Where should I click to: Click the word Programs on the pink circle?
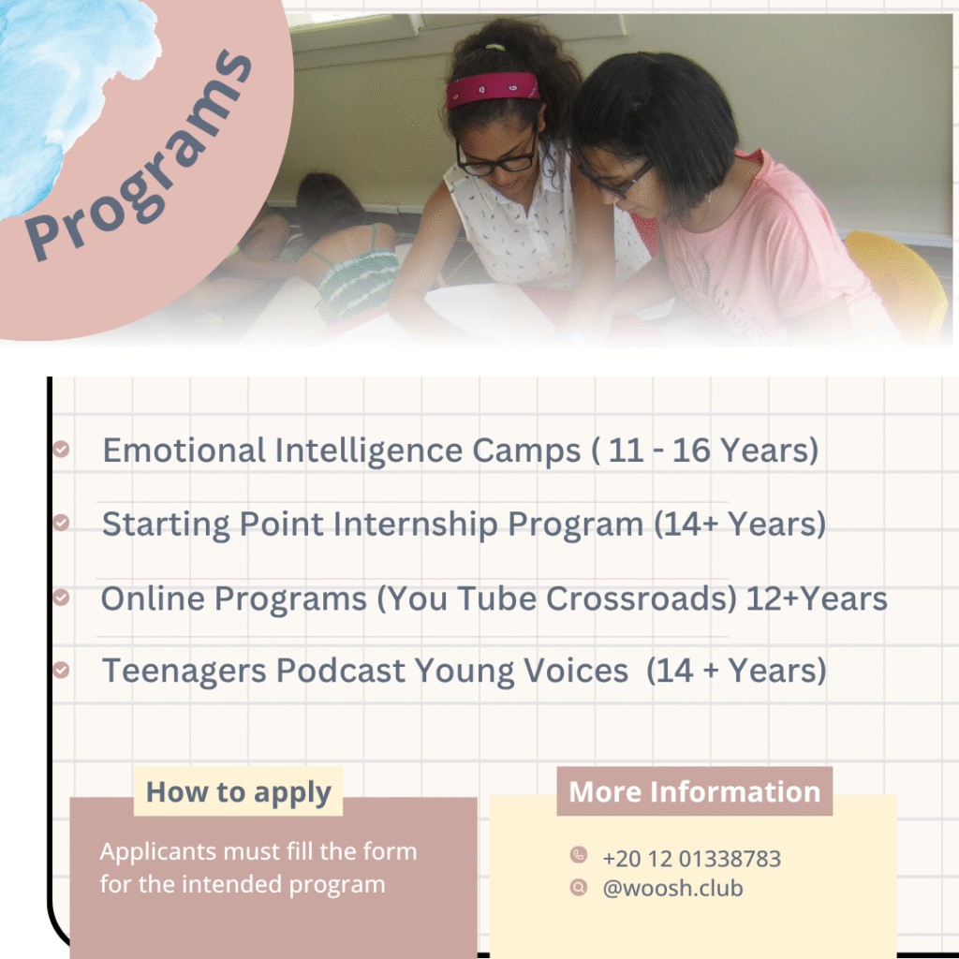pos(139,156)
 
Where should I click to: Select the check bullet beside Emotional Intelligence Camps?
pos(61,449)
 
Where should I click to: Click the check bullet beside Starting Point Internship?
pos(61,523)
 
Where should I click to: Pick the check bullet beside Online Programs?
pos(61,597)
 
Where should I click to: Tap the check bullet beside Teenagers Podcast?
pos(61,670)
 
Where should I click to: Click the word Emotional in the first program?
pos(184,450)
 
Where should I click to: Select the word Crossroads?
pos(641,598)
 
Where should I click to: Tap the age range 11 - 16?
pos(659,450)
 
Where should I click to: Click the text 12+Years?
pos(817,598)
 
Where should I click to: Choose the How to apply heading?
pos(239,792)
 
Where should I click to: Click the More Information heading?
pos(694,791)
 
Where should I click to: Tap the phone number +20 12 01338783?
pos(692,859)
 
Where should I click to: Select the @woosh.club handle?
pos(672,888)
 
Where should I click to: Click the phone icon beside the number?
pos(579,854)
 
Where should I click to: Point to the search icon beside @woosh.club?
pos(579,887)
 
